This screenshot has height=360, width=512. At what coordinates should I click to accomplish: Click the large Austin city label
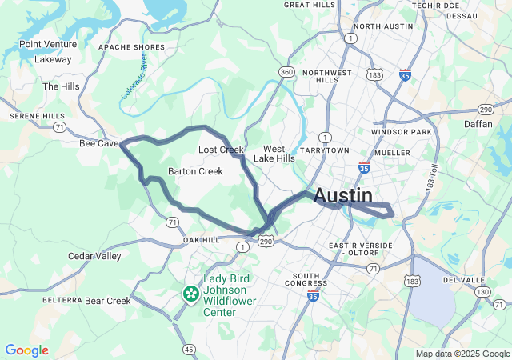pyautogui.click(x=343, y=195)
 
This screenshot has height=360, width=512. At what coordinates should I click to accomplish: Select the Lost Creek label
pyautogui.click(x=221, y=150)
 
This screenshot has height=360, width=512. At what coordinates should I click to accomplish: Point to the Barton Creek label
pyautogui.click(x=195, y=171)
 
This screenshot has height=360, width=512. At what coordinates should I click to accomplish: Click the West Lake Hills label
pyautogui.click(x=274, y=154)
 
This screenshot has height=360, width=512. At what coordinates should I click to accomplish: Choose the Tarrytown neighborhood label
pyautogui.click(x=326, y=150)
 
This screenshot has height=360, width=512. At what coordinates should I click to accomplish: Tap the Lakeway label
pyautogui.click(x=54, y=58)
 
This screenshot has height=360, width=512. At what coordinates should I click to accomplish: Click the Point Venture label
pyautogui.click(x=48, y=44)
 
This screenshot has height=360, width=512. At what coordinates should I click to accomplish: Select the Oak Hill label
pyautogui.click(x=201, y=240)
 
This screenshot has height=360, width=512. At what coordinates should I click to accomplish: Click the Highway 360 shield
pyautogui.click(x=286, y=73)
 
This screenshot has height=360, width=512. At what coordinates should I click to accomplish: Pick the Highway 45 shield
pyautogui.click(x=189, y=349)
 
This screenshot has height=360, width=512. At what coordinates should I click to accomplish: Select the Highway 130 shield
pyautogui.click(x=482, y=293)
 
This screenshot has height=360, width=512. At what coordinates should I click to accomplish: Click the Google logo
pyautogui.click(x=26, y=350)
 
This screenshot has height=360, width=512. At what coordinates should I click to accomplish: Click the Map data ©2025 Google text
pyautogui.click(x=462, y=354)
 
